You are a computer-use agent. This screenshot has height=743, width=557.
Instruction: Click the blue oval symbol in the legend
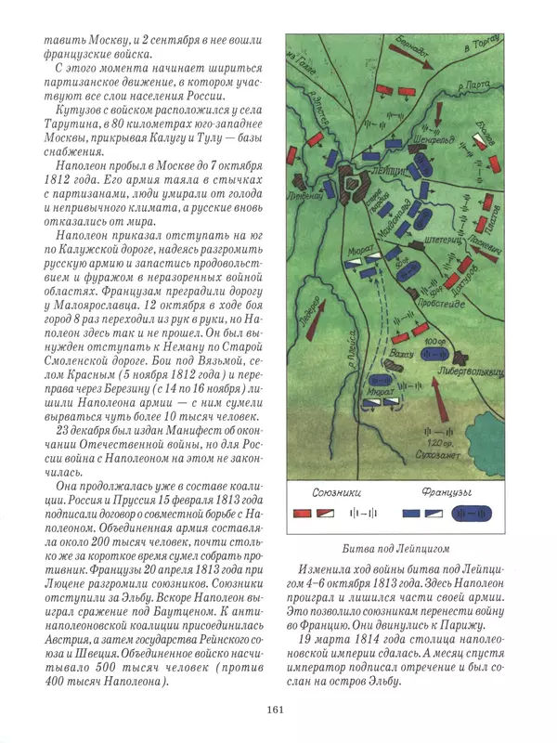[480, 513]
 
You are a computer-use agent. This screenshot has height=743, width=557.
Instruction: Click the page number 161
[278, 710]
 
